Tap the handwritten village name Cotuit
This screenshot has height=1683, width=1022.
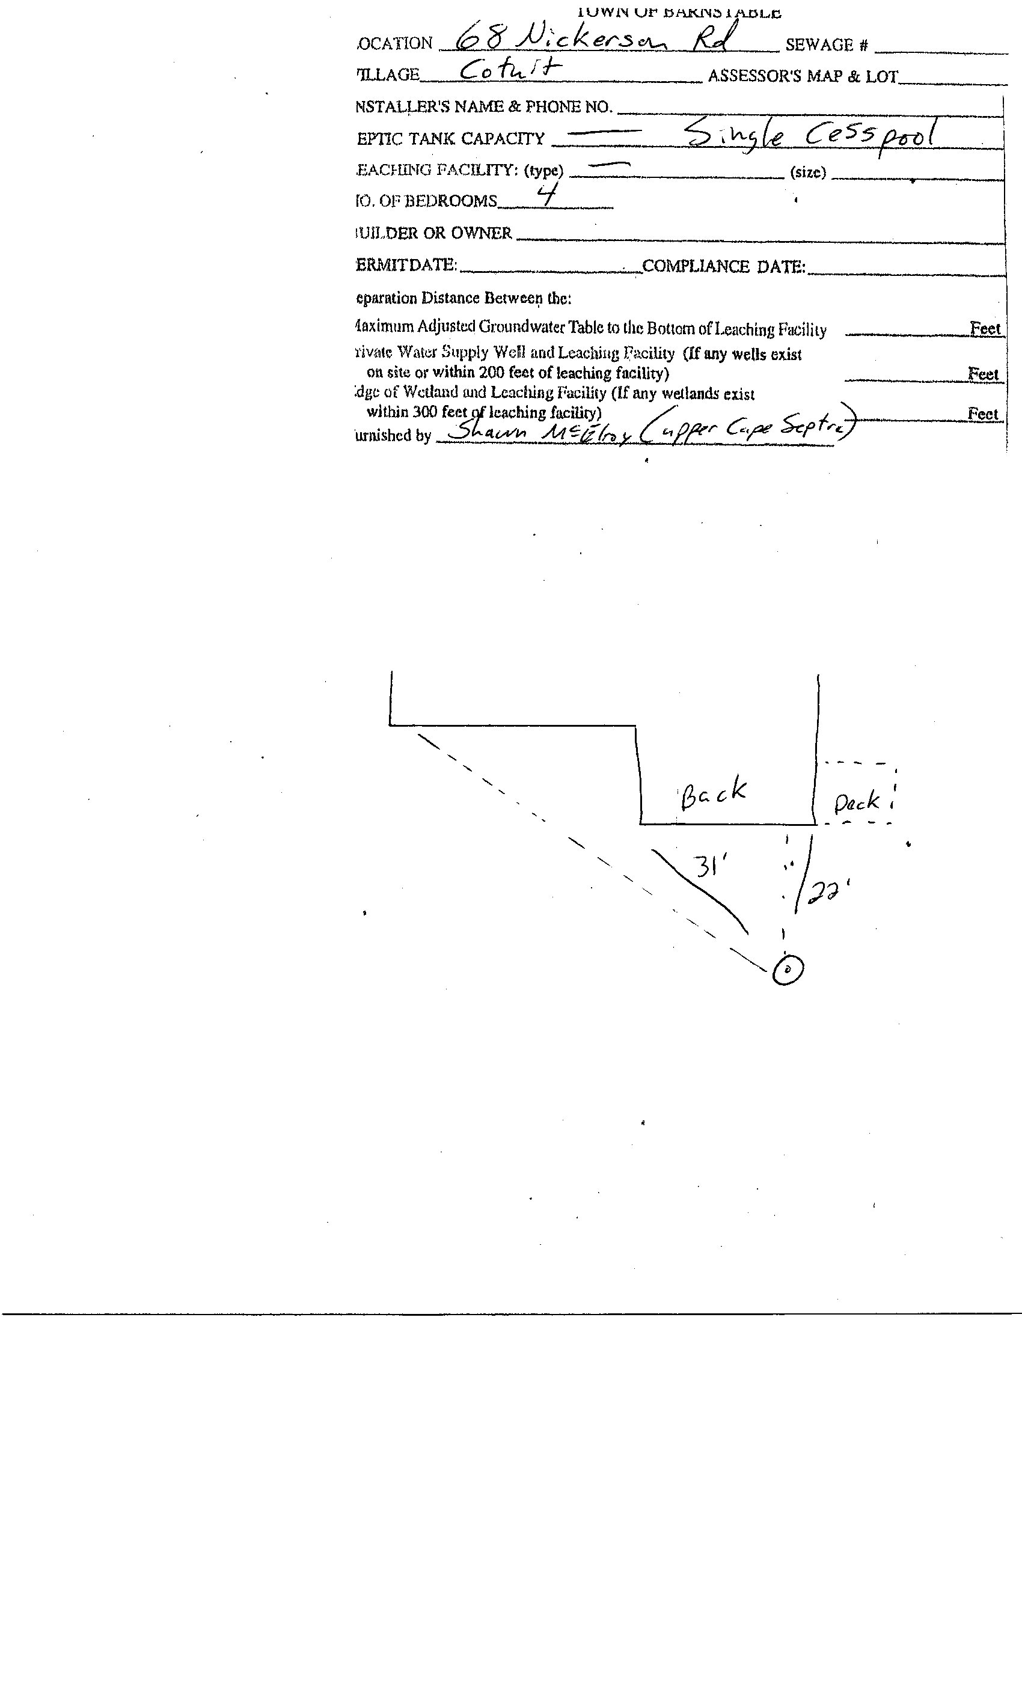tap(510, 70)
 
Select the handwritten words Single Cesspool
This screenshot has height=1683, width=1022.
tap(810, 135)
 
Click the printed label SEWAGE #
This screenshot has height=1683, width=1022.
tap(826, 45)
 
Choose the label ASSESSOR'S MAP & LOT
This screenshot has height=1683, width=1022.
tap(803, 76)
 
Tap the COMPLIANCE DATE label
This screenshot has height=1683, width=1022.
tap(723, 266)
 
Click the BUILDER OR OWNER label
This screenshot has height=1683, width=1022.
tap(434, 233)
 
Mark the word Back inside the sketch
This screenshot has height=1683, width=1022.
tap(712, 793)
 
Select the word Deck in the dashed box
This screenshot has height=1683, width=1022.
tap(857, 802)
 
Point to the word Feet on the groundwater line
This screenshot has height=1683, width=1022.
tap(985, 329)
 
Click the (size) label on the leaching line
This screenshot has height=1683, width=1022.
tap(807, 172)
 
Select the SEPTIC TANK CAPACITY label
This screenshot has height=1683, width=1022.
tap(451, 139)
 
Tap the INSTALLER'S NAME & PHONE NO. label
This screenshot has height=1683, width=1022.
tap(484, 106)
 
